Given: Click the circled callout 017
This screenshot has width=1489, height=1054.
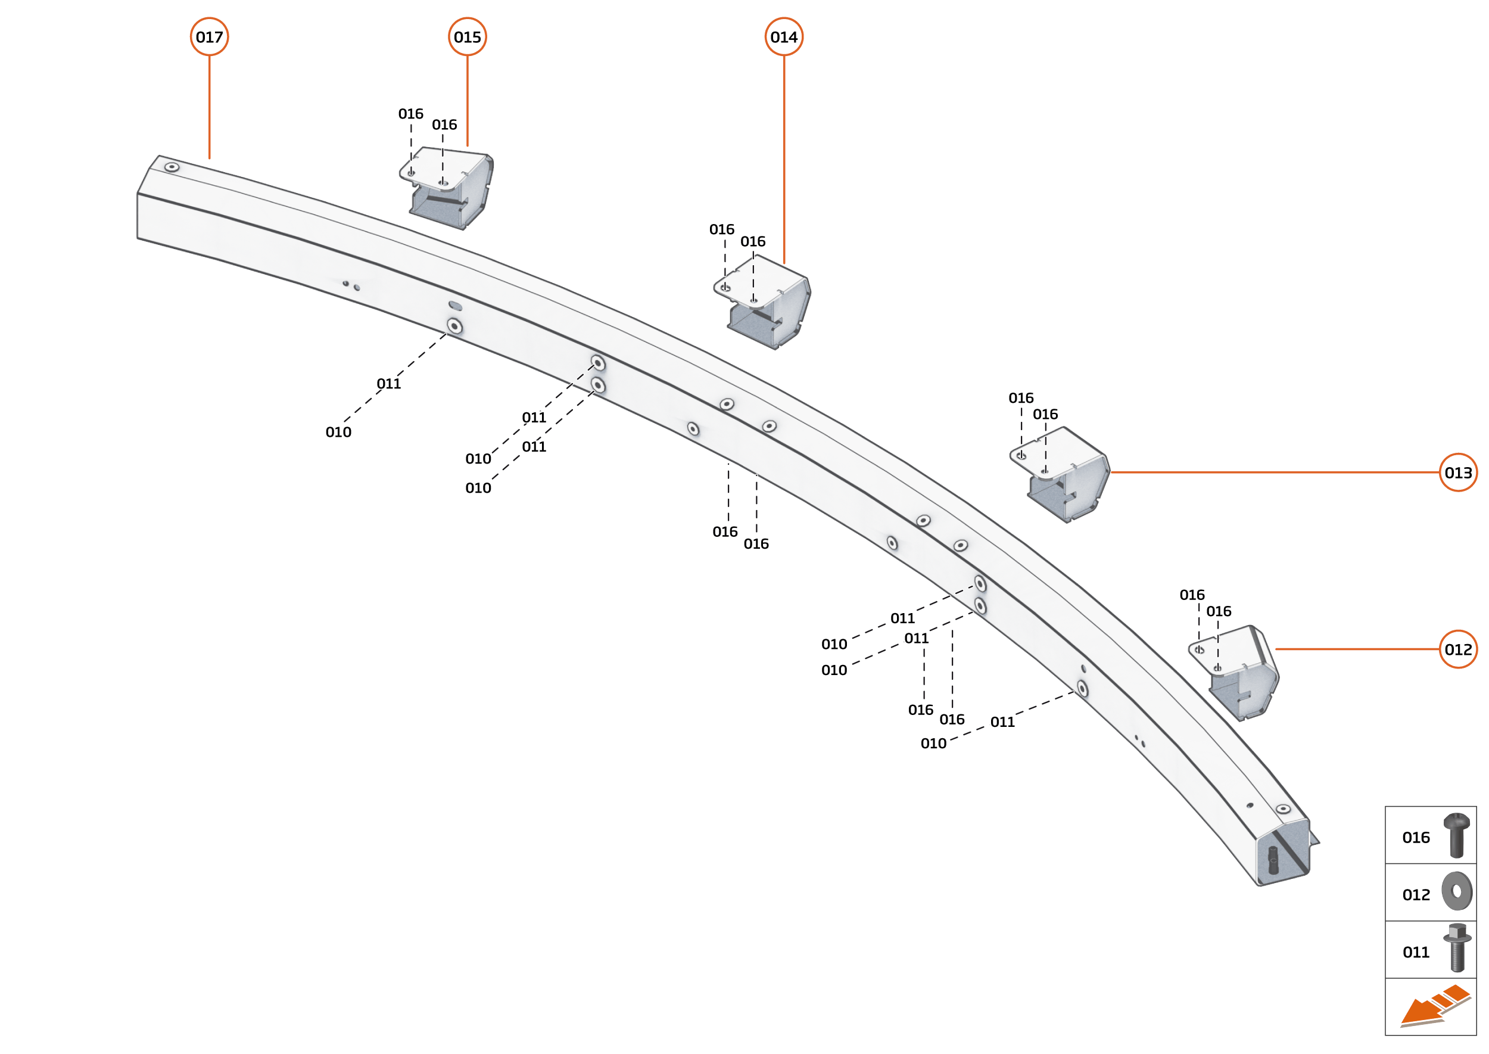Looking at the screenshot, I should coord(209,37).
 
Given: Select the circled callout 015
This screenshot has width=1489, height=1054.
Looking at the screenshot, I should coord(467,37).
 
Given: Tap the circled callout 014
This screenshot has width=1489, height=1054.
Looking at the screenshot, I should coord(784,37).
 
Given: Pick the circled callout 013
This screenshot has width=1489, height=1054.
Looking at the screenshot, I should coord(1458,472).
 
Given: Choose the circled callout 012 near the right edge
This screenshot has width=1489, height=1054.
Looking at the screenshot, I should coord(1458,649).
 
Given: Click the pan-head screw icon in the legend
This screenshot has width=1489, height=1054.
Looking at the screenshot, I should coord(1457,835).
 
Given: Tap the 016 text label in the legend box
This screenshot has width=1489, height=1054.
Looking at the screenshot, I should coord(1416,838).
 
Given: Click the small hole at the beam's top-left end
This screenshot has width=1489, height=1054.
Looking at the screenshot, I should coord(172,167).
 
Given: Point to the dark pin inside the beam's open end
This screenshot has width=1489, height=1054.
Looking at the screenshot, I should coord(1272,859).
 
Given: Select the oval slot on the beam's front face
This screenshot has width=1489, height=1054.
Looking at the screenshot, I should coord(456,306).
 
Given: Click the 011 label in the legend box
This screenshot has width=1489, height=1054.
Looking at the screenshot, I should coord(1416,953).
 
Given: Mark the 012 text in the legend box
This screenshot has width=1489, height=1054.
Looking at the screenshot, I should coord(1416,895).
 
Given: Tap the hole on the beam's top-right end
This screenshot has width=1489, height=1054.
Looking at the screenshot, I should coord(1283,809).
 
